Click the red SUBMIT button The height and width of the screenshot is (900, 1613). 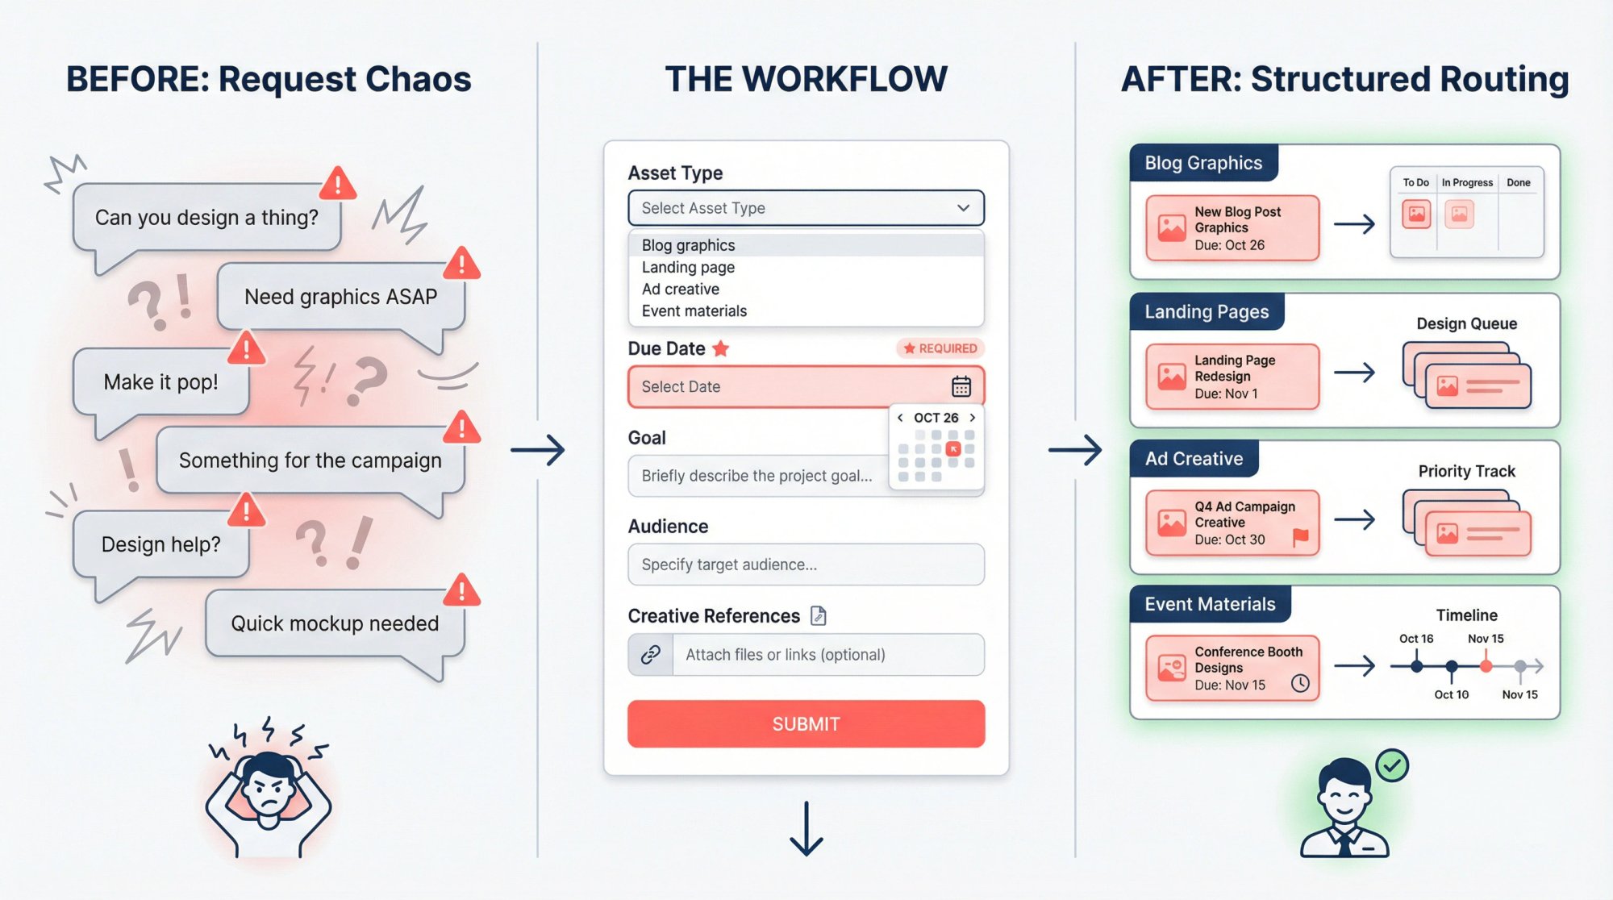coord(806,723)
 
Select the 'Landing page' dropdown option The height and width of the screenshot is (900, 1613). coord(688,267)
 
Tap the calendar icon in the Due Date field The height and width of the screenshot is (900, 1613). coord(961,386)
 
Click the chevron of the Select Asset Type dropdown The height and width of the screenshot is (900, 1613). coord(963,208)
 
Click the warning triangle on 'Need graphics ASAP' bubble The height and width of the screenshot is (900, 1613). coord(461,264)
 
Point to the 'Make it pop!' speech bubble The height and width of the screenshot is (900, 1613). coord(160,381)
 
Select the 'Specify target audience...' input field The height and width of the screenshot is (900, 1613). coord(806,565)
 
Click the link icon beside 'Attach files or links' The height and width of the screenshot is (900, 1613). coord(651,654)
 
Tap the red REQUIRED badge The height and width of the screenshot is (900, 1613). coord(940,348)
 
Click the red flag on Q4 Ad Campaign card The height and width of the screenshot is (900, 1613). coord(1300,537)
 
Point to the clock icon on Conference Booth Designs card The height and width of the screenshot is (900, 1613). coord(1300,684)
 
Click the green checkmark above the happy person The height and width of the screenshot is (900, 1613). coord(1392,765)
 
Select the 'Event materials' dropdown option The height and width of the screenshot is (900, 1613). coord(694,310)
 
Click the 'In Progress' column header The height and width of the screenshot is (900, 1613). coord(1467,182)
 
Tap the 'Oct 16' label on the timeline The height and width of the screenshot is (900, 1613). coord(1416,639)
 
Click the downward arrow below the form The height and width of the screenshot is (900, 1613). coord(806,828)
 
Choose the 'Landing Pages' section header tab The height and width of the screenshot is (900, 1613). coord(1207,311)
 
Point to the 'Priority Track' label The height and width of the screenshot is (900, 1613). coord(1466,471)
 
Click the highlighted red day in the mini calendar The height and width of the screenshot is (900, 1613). coord(952,449)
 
